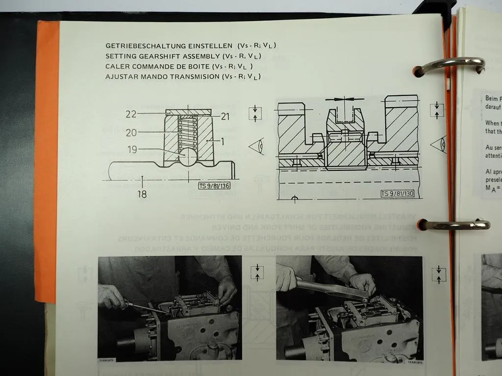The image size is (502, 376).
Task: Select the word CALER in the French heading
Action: click(x=116, y=67)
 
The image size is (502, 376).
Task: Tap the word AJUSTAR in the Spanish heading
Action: click(x=121, y=77)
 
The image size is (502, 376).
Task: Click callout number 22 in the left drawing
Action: click(x=131, y=114)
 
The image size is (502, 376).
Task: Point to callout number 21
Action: click(x=225, y=116)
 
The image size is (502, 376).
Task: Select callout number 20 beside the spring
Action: click(x=131, y=133)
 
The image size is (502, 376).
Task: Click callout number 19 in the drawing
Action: click(x=132, y=150)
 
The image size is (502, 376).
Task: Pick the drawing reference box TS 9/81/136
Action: click(x=214, y=186)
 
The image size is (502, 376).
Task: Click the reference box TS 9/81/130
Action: click(x=398, y=194)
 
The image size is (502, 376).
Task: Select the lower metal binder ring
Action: click(x=453, y=225)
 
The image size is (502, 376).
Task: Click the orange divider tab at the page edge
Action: click(x=47, y=162)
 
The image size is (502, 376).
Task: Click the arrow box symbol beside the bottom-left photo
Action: click(x=256, y=272)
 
